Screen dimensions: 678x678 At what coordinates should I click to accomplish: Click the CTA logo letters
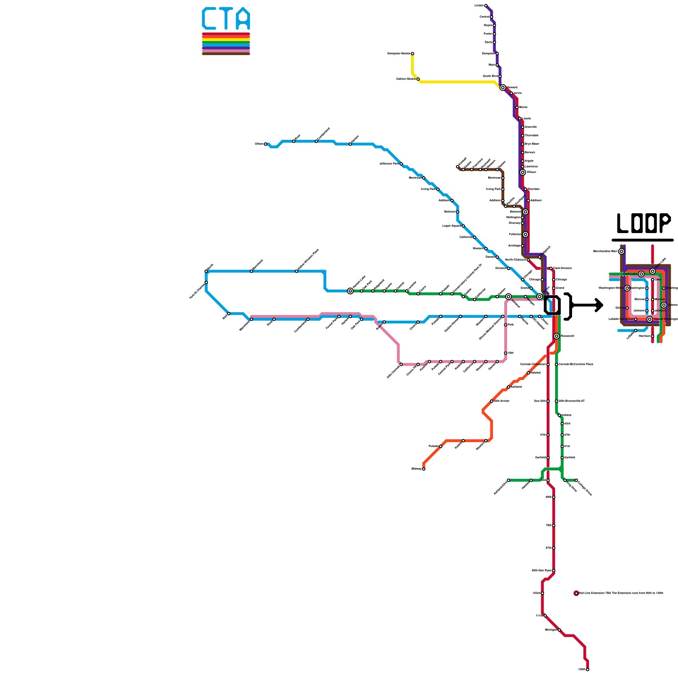click(x=226, y=18)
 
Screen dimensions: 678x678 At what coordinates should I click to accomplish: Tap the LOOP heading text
click(x=643, y=223)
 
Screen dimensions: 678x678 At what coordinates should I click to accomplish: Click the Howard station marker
click(x=503, y=88)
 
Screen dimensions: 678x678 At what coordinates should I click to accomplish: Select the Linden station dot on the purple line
click(x=486, y=6)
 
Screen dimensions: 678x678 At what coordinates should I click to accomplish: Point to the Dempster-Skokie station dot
click(x=412, y=54)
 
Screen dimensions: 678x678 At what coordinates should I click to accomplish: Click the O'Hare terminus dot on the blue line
click(x=266, y=144)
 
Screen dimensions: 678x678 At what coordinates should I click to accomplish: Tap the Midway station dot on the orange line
click(x=423, y=469)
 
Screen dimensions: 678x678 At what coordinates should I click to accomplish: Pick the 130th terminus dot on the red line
click(x=587, y=670)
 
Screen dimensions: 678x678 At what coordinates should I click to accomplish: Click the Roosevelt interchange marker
click(x=556, y=336)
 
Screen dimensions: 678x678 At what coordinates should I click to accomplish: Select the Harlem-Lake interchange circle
click(x=350, y=291)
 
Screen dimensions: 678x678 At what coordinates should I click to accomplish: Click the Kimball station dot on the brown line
click(x=458, y=167)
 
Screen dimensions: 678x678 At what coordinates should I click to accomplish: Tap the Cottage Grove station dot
click(x=576, y=480)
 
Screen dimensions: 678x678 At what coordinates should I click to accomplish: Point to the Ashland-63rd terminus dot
click(x=508, y=480)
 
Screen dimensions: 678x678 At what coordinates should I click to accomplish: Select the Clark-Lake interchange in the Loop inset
click(x=641, y=274)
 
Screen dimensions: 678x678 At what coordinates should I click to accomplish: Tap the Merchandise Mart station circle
click(x=621, y=251)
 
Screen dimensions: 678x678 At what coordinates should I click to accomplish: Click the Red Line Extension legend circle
click(x=576, y=593)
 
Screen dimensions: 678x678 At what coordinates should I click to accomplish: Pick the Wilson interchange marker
click(x=522, y=172)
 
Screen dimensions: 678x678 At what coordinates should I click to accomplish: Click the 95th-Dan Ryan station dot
click(x=553, y=571)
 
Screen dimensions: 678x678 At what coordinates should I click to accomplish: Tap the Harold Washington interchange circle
click(x=650, y=319)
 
